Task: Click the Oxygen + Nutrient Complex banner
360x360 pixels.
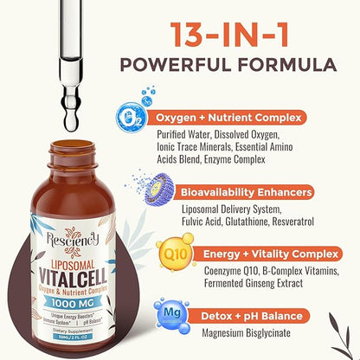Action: (254, 117)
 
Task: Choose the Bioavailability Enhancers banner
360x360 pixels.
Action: (254, 190)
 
